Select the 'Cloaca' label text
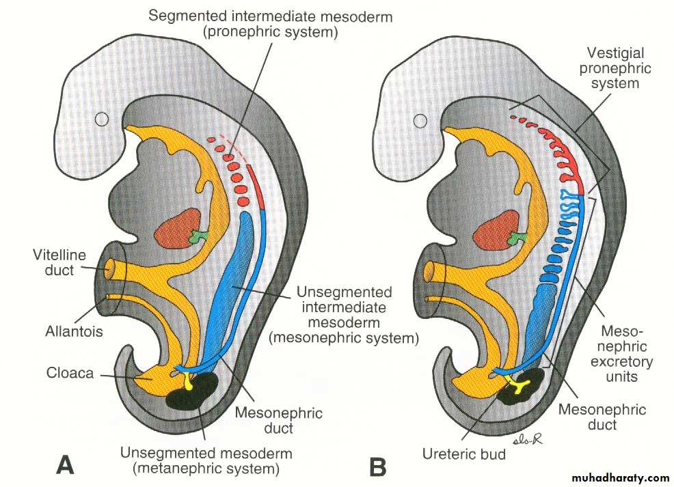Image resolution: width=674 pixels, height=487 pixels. tap(70, 373)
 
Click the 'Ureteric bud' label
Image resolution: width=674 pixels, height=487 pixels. tap(464, 453)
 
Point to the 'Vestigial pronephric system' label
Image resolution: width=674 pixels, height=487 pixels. tap(619, 68)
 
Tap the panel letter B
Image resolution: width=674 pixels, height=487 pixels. tap(377, 467)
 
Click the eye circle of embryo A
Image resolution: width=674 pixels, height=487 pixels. tap(102, 119)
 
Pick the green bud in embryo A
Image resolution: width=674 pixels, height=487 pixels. tap(198, 236)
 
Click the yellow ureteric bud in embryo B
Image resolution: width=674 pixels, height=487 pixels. tap(522, 389)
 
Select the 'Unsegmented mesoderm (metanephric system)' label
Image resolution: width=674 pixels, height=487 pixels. tap(206, 461)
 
